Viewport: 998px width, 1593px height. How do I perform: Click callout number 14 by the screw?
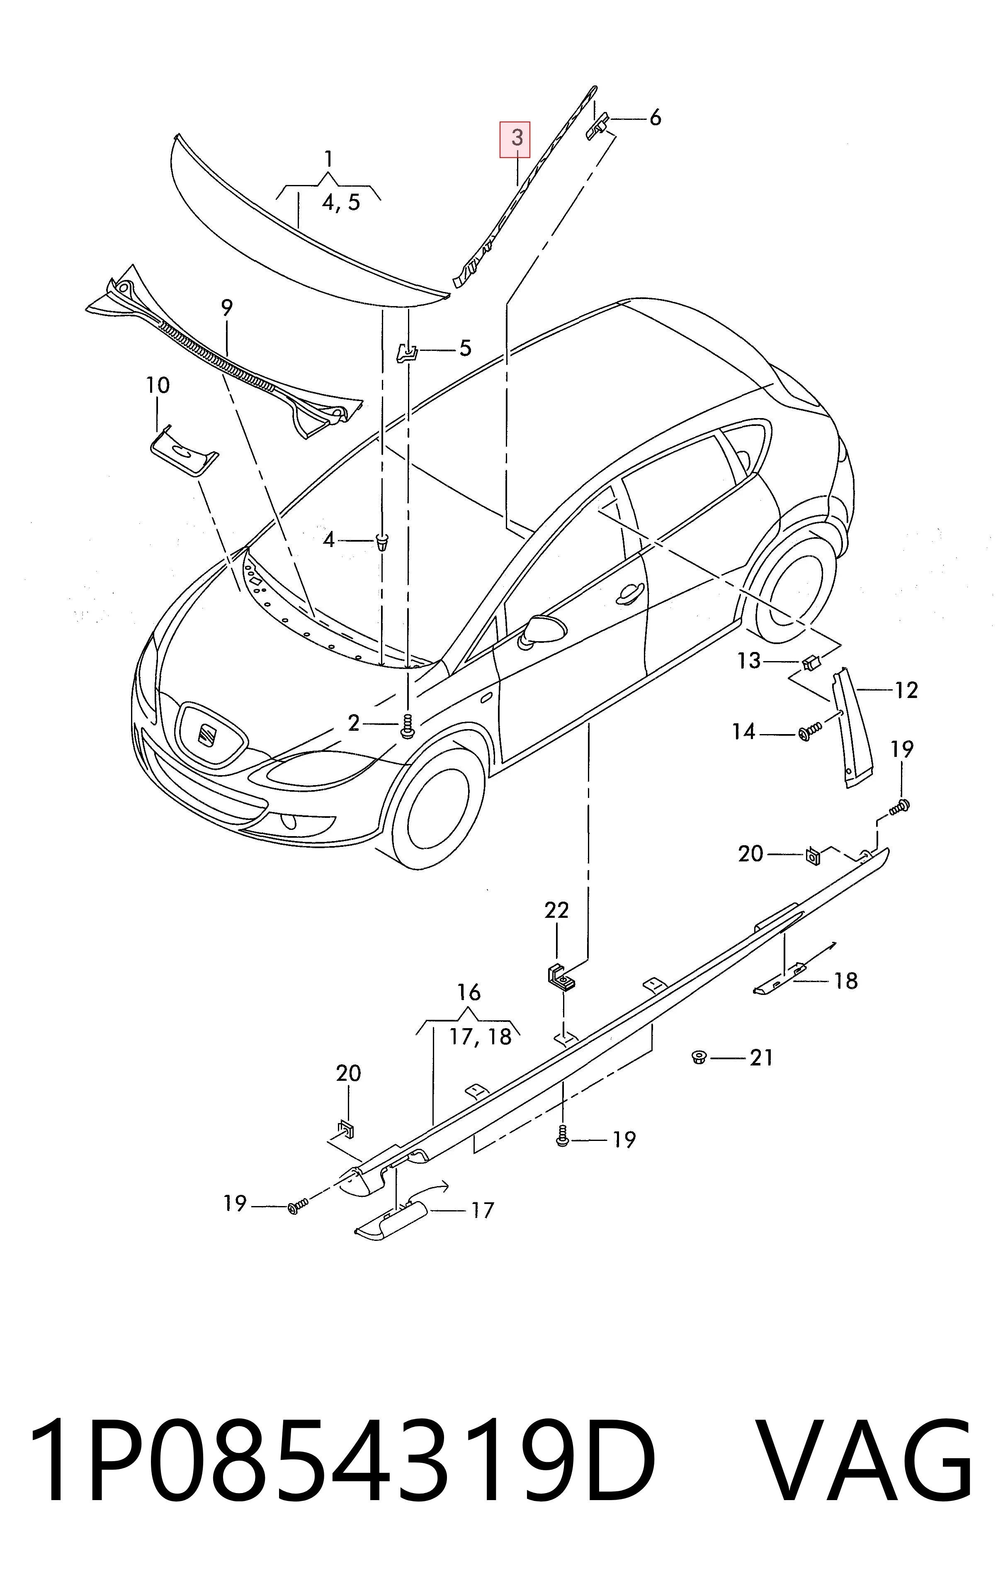pos(744,732)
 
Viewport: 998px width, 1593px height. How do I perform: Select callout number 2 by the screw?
pos(354,724)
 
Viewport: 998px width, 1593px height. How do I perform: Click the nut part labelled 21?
pos(698,1058)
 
